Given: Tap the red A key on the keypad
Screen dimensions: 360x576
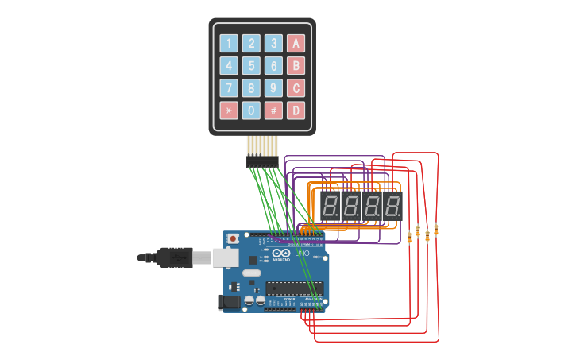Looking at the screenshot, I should (296, 44).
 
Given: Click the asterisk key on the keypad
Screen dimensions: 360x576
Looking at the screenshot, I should (229, 110).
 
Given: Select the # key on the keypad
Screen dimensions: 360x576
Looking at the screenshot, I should (273, 110).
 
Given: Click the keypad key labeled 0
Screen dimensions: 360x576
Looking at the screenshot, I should (251, 110).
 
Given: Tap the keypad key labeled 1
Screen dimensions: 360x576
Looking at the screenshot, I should (229, 44).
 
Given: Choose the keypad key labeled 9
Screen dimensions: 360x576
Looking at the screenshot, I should (273, 88).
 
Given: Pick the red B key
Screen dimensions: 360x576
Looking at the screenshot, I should (296, 66).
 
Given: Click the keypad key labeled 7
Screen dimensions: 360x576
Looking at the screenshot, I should (229, 88).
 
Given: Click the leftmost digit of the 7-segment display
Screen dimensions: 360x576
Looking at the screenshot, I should (331, 207).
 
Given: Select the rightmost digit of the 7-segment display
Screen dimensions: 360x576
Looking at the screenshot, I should (392, 207).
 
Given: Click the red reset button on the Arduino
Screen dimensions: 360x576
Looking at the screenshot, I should (233, 238).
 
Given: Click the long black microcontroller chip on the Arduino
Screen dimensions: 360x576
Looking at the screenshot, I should (294, 288).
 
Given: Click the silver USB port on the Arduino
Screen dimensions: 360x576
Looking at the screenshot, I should (226, 257).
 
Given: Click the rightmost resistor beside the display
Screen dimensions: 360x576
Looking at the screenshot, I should (436, 230).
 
